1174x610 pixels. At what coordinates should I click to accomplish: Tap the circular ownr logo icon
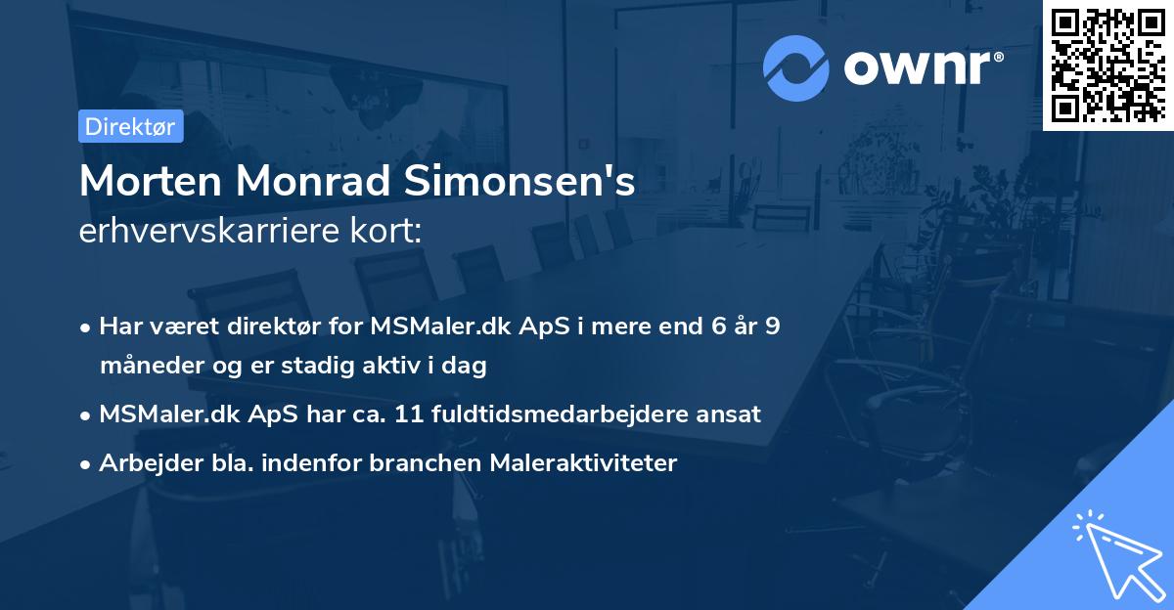point(795,67)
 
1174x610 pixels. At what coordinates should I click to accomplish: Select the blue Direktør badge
point(130,126)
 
